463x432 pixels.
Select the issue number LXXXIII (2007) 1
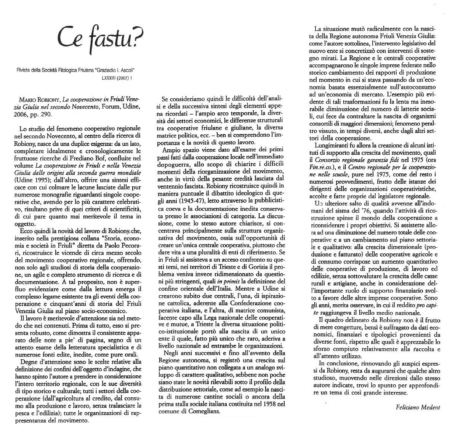tap(117, 78)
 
